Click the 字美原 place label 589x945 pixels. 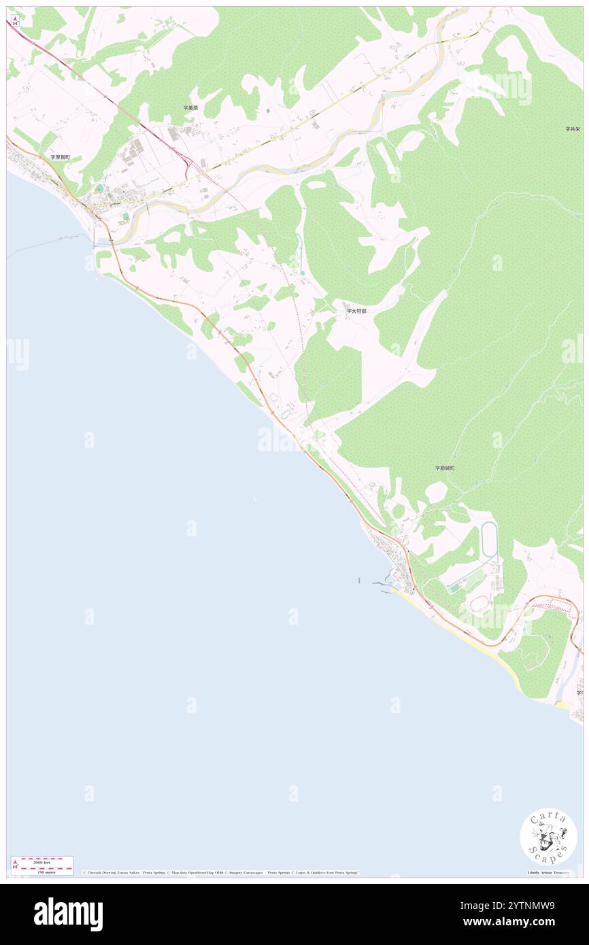click(x=190, y=108)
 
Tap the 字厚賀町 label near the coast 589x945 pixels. click(x=60, y=157)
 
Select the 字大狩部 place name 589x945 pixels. click(x=356, y=311)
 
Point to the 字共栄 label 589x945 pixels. click(x=572, y=128)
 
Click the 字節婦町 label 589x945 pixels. click(x=445, y=468)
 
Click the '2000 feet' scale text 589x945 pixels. click(x=42, y=861)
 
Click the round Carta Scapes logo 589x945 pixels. click(x=548, y=836)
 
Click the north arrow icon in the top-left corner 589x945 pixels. click(x=15, y=21)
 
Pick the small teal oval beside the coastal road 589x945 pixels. click(x=284, y=413)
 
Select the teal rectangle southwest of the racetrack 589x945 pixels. click(x=454, y=588)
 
